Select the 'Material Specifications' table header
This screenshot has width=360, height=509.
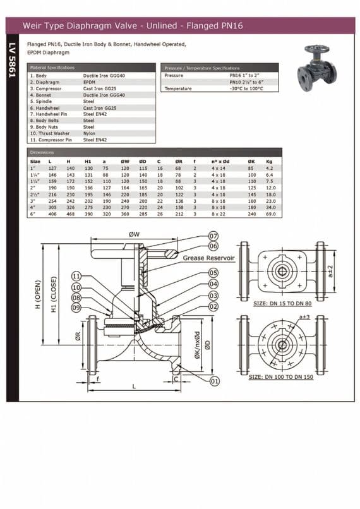[52, 67]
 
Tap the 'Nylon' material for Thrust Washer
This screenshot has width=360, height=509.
[88, 133]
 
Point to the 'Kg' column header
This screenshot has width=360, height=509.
[270, 162]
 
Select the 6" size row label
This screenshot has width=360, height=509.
[33, 215]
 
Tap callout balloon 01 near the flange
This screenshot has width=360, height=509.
[214, 381]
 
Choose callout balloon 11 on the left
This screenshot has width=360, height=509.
[76, 277]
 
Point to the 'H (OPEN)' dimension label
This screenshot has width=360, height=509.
[38, 298]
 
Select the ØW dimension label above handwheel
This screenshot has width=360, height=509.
[134, 234]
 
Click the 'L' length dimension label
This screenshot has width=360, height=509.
[133, 385]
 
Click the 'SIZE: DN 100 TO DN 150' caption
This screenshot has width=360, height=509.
[281, 377]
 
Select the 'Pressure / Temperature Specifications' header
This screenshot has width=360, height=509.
[201, 68]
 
